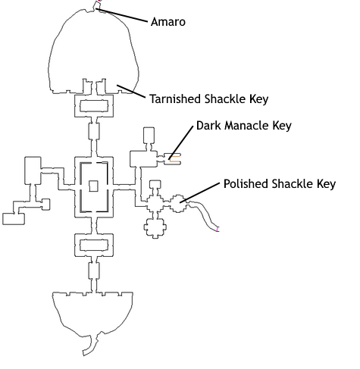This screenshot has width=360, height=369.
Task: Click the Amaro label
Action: [x=168, y=22]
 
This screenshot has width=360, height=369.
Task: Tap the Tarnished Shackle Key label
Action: [x=208, y=99]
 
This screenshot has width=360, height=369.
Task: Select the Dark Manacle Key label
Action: [x=244, y=126]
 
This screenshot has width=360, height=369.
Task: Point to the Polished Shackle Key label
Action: [x=280, y=184]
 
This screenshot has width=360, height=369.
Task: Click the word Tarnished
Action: [x=176, y=99]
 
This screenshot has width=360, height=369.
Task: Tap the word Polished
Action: [x=246, y=183]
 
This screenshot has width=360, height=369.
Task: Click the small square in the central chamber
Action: [x=93, y=186]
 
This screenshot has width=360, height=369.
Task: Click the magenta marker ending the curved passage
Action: [x=218, y=230]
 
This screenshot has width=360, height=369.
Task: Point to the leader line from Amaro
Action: [x=121, y=15]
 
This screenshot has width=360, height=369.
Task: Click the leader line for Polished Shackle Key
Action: [x=199, y=192]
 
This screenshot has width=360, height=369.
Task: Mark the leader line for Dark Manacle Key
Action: [x=181, y=142]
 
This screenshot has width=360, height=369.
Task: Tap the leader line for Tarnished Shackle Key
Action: [x=131, y=92]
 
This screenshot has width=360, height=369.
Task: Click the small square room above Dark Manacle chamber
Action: [x=149, y=136]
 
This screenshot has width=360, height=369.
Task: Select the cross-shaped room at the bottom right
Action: [x=155, y=227]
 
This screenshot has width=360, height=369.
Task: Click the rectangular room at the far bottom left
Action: [x=14, y=219]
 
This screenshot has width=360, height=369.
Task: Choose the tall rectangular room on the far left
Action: [x=33, y=170]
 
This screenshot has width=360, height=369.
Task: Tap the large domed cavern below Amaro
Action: [x=93, y=51]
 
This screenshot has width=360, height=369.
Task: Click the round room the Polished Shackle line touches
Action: [x=179, y=204]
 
